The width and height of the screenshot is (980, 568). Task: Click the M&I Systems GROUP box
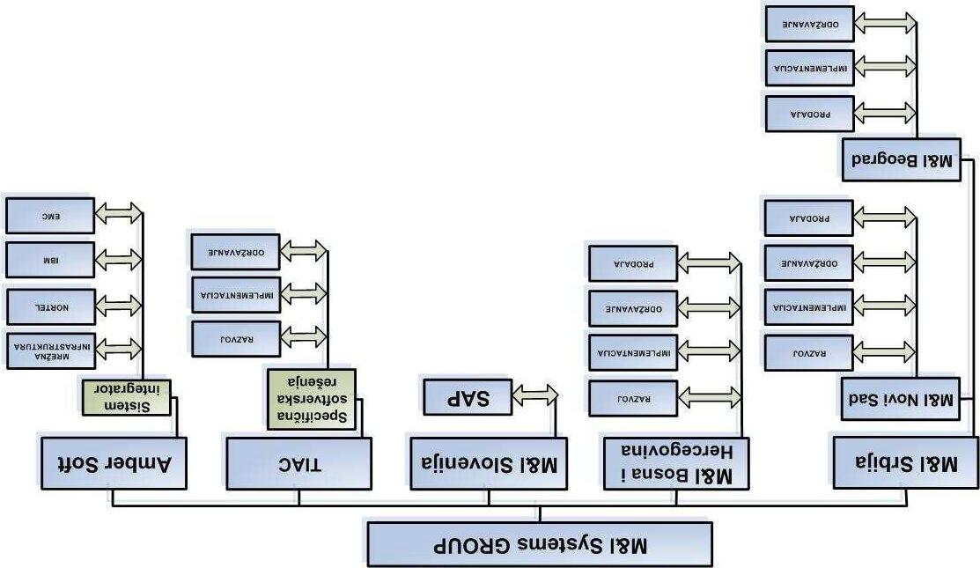539,544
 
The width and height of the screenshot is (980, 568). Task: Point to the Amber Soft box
113,461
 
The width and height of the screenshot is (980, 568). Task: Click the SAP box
468,397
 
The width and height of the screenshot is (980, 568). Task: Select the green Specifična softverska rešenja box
312,399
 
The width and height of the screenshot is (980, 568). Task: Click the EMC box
48,215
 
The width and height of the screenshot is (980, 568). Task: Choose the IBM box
48,260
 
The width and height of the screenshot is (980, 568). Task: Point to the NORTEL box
48,305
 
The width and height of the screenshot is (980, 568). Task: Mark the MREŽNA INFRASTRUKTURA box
48,350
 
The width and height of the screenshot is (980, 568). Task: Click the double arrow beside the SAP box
534,397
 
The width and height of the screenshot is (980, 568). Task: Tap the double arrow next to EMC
117,214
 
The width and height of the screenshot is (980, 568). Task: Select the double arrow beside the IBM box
117,259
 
